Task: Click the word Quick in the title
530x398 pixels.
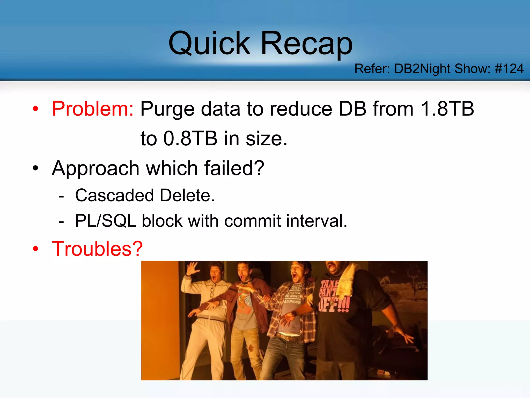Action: pos(209,44)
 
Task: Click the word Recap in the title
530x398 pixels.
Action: pos(307,44)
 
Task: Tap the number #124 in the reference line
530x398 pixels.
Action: pos(509,69)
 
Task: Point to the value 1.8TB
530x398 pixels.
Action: pos(447,109)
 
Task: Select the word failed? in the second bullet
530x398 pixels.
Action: pos(234,168)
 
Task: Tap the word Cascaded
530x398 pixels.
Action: pos(114,195)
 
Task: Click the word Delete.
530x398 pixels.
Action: pos(187,195)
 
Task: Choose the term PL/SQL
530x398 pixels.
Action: pos(106,221)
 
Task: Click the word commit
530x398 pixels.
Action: pos(252,221)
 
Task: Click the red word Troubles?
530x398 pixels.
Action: pos(97,249)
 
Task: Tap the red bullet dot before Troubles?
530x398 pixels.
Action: pos(35,249)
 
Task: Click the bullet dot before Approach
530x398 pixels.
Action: pos(35,169)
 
